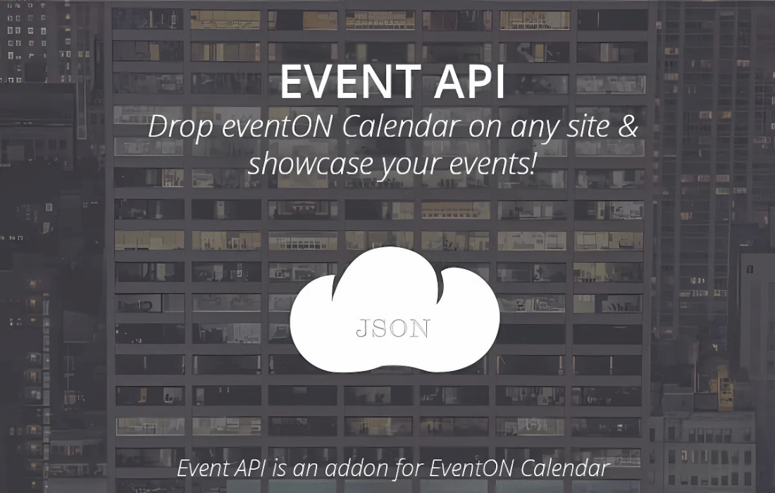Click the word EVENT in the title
350,82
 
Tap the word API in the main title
470,82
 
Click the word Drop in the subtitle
180,127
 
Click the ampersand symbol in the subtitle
628,127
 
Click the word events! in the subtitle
492,165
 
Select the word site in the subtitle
587,127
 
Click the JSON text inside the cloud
393,328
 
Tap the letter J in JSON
362,329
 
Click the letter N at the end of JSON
421,329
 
